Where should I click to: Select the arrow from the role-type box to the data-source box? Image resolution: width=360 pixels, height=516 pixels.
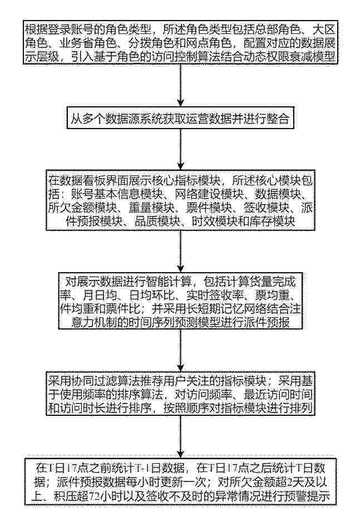(180, 85)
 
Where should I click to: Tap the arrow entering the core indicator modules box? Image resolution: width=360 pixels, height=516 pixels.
(180, 149)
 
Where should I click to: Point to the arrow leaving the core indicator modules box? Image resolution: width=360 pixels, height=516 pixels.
(180, 251)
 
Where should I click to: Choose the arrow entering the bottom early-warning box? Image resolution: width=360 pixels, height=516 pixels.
(180, 436)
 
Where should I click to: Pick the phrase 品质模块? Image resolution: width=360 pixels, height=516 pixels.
(157, 221)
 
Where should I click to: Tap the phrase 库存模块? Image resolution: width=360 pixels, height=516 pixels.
(272, 221)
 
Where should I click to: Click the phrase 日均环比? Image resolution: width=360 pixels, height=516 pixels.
(151, 295)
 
